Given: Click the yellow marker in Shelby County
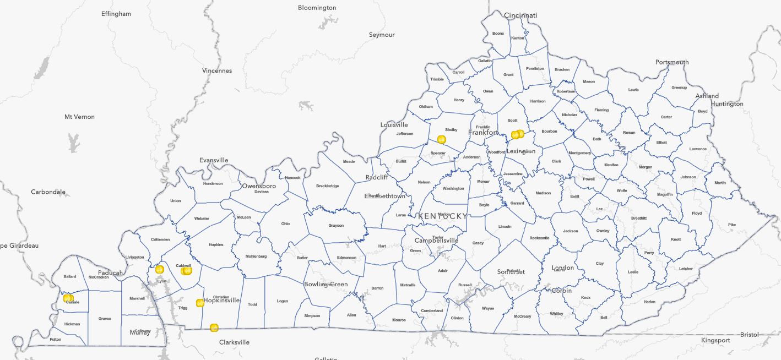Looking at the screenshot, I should click(x=441, y=139).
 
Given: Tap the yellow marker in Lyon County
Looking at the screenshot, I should click(x=160, y=269).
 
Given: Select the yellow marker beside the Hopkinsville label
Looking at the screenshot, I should click(x=200, y=303).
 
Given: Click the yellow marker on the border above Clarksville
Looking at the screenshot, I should click(x=214, y=328).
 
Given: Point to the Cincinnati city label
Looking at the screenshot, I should click(x=520, y=15).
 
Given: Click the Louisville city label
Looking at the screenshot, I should click(x=394, y=125).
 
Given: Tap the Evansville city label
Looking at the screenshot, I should click(x=214, y=160).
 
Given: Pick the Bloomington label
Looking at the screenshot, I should click(x=317, y=8).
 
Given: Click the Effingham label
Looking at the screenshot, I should click(x=116, y=14).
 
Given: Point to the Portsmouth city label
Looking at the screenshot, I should click(x=672, y=62).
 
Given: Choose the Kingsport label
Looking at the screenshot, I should click(x=715, y=340).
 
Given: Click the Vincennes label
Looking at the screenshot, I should click(x=217, y=70).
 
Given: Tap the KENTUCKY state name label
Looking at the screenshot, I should click(x=442, y=216).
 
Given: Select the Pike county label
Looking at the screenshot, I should click(x=731, y=225).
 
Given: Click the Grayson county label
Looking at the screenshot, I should click(x=336, y=225).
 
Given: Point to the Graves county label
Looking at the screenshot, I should click(x=105, y=318).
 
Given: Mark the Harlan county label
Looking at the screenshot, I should click(x=650, y=302).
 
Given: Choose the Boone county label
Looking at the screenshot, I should click(x=498, y=34).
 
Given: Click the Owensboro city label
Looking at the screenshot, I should click(x=259, y=186).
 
